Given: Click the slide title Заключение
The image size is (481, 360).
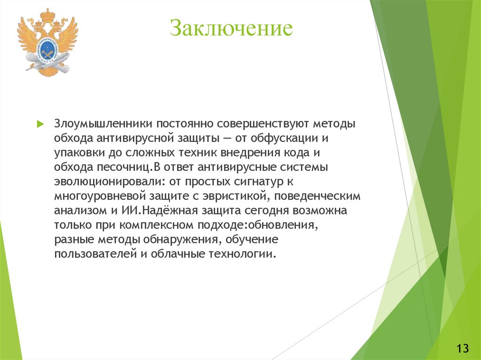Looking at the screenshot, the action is [x=231, y=28].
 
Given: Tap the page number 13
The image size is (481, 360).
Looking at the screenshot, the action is [x=463, y=348].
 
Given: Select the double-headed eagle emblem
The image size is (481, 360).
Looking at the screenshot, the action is [x=47, y=42].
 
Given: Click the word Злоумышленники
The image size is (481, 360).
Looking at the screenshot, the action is [x=103, y=124].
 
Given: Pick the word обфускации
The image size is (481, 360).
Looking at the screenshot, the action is [x=284, y=138].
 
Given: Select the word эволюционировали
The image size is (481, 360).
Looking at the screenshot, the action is [x=110, y=182].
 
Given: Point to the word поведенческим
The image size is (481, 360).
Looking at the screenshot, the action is [x=317, y=196].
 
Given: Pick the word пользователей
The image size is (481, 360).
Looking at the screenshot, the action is [x=95, y=254].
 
